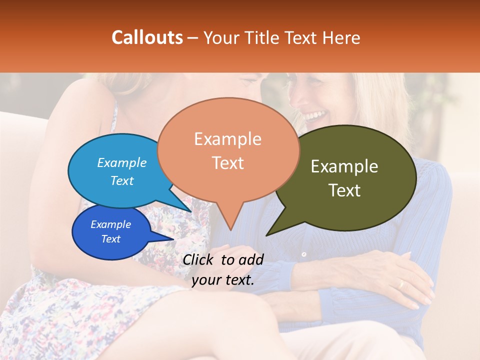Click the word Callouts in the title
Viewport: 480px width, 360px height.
[x=147, y=37]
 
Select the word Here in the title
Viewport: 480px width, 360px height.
[x=341, y=37]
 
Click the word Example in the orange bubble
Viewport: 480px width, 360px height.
[x=227, y=139]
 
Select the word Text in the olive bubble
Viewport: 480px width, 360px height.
[x=344, y=190]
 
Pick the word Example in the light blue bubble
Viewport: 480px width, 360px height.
[x=121, y=162]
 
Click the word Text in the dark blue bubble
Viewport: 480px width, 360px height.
[x=110, y=239]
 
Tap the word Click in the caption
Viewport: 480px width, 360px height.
[x=199, y=259]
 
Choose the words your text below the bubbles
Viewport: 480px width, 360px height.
[x=223, y=280]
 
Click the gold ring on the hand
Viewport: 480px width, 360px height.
[x=400, y=284]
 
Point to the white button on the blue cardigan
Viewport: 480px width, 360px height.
[x=303, y=254]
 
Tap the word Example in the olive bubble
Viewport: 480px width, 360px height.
[x=344, y=166]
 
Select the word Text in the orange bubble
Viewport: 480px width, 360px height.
[x=227, y=163]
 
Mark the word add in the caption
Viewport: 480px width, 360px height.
[x=251, y=259]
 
